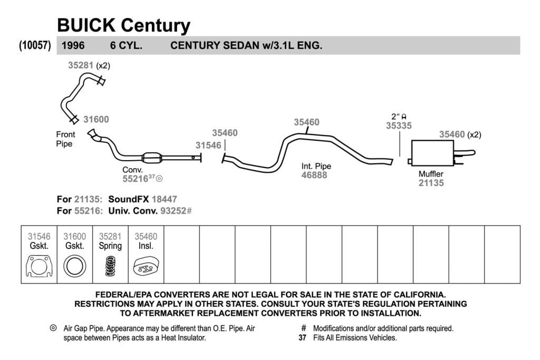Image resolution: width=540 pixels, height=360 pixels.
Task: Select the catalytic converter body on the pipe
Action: [x=152, y=158]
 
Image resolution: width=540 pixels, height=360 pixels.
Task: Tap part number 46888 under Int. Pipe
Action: [x=314, y=175]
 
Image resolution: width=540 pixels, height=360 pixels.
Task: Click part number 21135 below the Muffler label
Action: [x=431, y=183]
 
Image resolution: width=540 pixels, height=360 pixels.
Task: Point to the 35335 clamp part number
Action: [x=399, y=126]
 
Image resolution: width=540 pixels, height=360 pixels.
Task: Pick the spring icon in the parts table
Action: [x=110, y=266]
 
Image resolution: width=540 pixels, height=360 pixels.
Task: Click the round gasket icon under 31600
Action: [x=75, y=266]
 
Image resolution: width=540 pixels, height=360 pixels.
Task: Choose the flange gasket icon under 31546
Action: [x=39, y=266]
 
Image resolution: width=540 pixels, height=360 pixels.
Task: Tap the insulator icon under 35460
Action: [x=146, y=266]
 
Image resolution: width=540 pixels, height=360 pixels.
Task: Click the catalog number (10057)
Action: [x=35, y=45]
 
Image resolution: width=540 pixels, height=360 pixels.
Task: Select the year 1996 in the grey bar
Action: [x=73, y=45]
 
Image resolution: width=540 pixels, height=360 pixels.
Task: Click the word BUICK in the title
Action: [x=86, y=25]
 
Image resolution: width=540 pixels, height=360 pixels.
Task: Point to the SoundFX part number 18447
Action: [x=165, y=199]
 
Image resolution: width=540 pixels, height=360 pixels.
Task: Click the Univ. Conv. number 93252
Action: [x=173, y=211]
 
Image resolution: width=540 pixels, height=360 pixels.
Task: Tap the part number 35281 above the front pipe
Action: [x=81, y=65]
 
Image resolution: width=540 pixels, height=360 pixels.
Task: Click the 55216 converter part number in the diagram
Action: [x=136, y=179]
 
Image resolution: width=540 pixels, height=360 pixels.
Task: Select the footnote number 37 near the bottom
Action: [x=302, y=338]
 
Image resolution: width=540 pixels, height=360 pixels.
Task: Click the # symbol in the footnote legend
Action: [x=303, y=328]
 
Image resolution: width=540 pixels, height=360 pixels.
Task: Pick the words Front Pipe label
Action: [x=65, y=139]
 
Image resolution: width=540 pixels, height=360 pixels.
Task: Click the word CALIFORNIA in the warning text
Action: [x=419, y=295]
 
